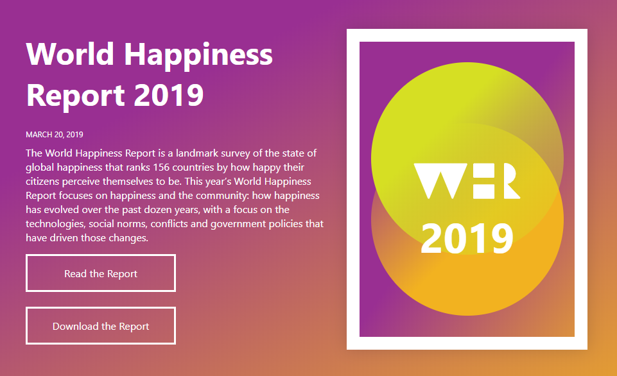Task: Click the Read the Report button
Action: [101, 273]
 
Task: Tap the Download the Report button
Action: [101, 326]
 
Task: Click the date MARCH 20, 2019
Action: [55, 135]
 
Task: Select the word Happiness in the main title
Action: [198, 55]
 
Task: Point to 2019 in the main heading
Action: [168, 95]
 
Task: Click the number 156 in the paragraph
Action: [161, 167]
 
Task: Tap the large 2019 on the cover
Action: [467, 238]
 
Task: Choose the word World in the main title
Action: [70, 55]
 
